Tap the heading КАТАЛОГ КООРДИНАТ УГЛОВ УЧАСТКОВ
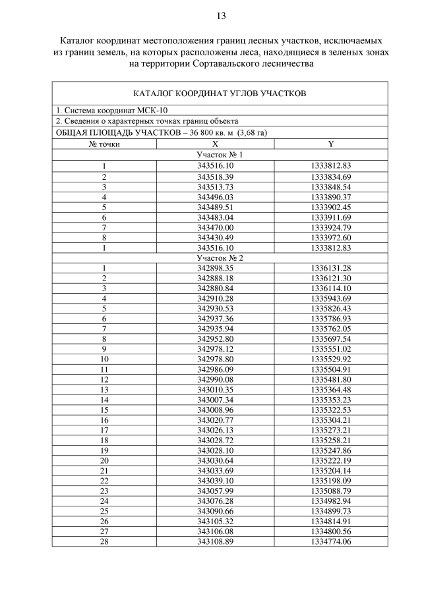click(x=220, y=94)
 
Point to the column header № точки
click(x=104, y=143)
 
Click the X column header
click(x=215, y=143)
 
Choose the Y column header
click(x=330, y=143)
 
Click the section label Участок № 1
click(x=220, y=154)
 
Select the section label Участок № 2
click(x=220, y=257)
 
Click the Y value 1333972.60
click(x=330, y=237)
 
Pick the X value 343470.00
click(x=215, y=227)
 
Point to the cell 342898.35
click(x=215, y=268)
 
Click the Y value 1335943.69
click(x=330, y=298)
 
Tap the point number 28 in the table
click(x=104, y=541)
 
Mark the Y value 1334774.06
click(x=330, y=541)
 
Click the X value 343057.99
click(x=215, y=491)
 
